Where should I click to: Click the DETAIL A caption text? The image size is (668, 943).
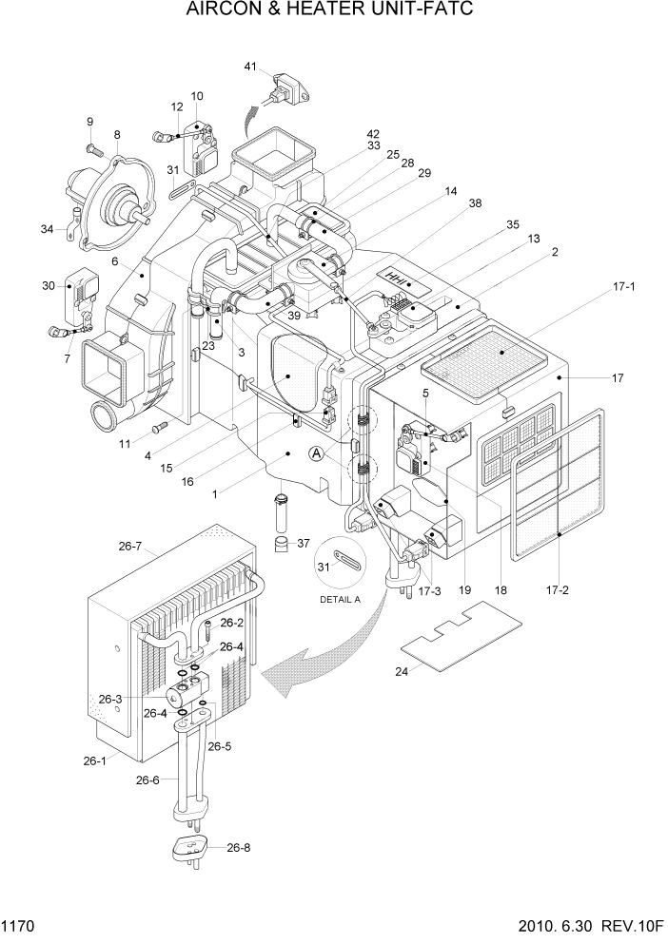[343, 600]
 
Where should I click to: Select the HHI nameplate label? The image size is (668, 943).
[401, 277]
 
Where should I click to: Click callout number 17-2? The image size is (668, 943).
[558, 589]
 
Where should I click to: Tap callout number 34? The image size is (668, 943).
[46, 228]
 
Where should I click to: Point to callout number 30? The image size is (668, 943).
[48, 286]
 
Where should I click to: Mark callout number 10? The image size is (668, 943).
[197, 96]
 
